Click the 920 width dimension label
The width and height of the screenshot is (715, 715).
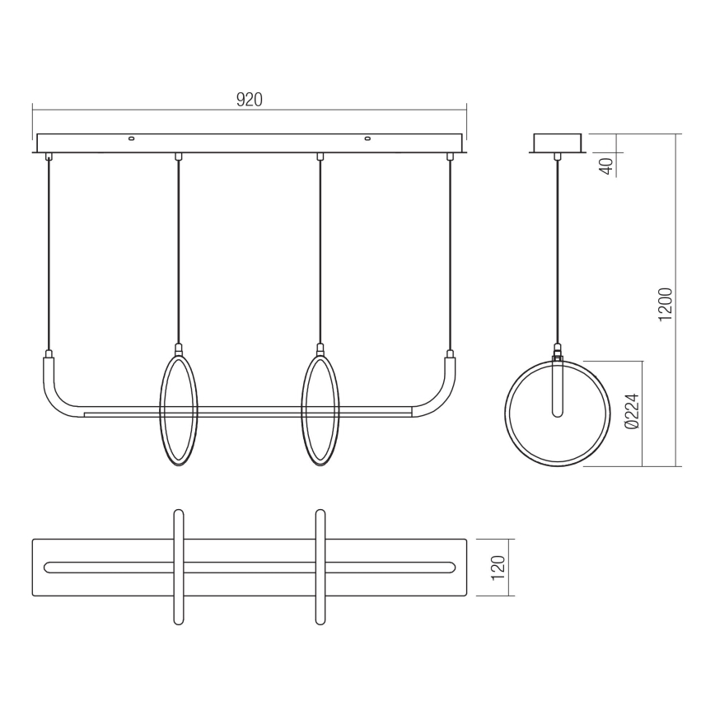(x=249, y=100)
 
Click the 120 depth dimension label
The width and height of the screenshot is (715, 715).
(x=498, y=567)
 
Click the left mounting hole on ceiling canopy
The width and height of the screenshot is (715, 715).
(x=129, y=138)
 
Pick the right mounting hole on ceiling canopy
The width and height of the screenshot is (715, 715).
(x=368, y=138)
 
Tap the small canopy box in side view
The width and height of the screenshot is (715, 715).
(x=558, y=143)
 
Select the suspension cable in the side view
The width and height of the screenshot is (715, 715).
(x=558, y=247)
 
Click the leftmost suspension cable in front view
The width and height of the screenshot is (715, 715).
(x=49, y=255)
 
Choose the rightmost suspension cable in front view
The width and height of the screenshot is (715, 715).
(x=450, y=255)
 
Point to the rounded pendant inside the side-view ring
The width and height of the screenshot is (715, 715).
(x=557, y=391)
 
